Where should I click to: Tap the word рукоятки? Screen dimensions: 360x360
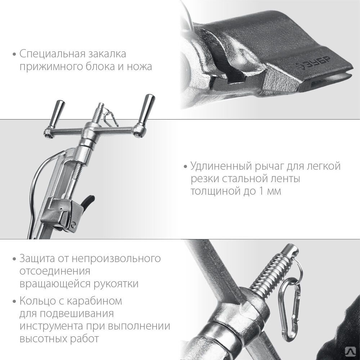(116, 284)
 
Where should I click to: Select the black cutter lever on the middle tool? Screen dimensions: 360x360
(88, 202)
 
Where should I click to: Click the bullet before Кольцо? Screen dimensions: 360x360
(15, 301)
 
